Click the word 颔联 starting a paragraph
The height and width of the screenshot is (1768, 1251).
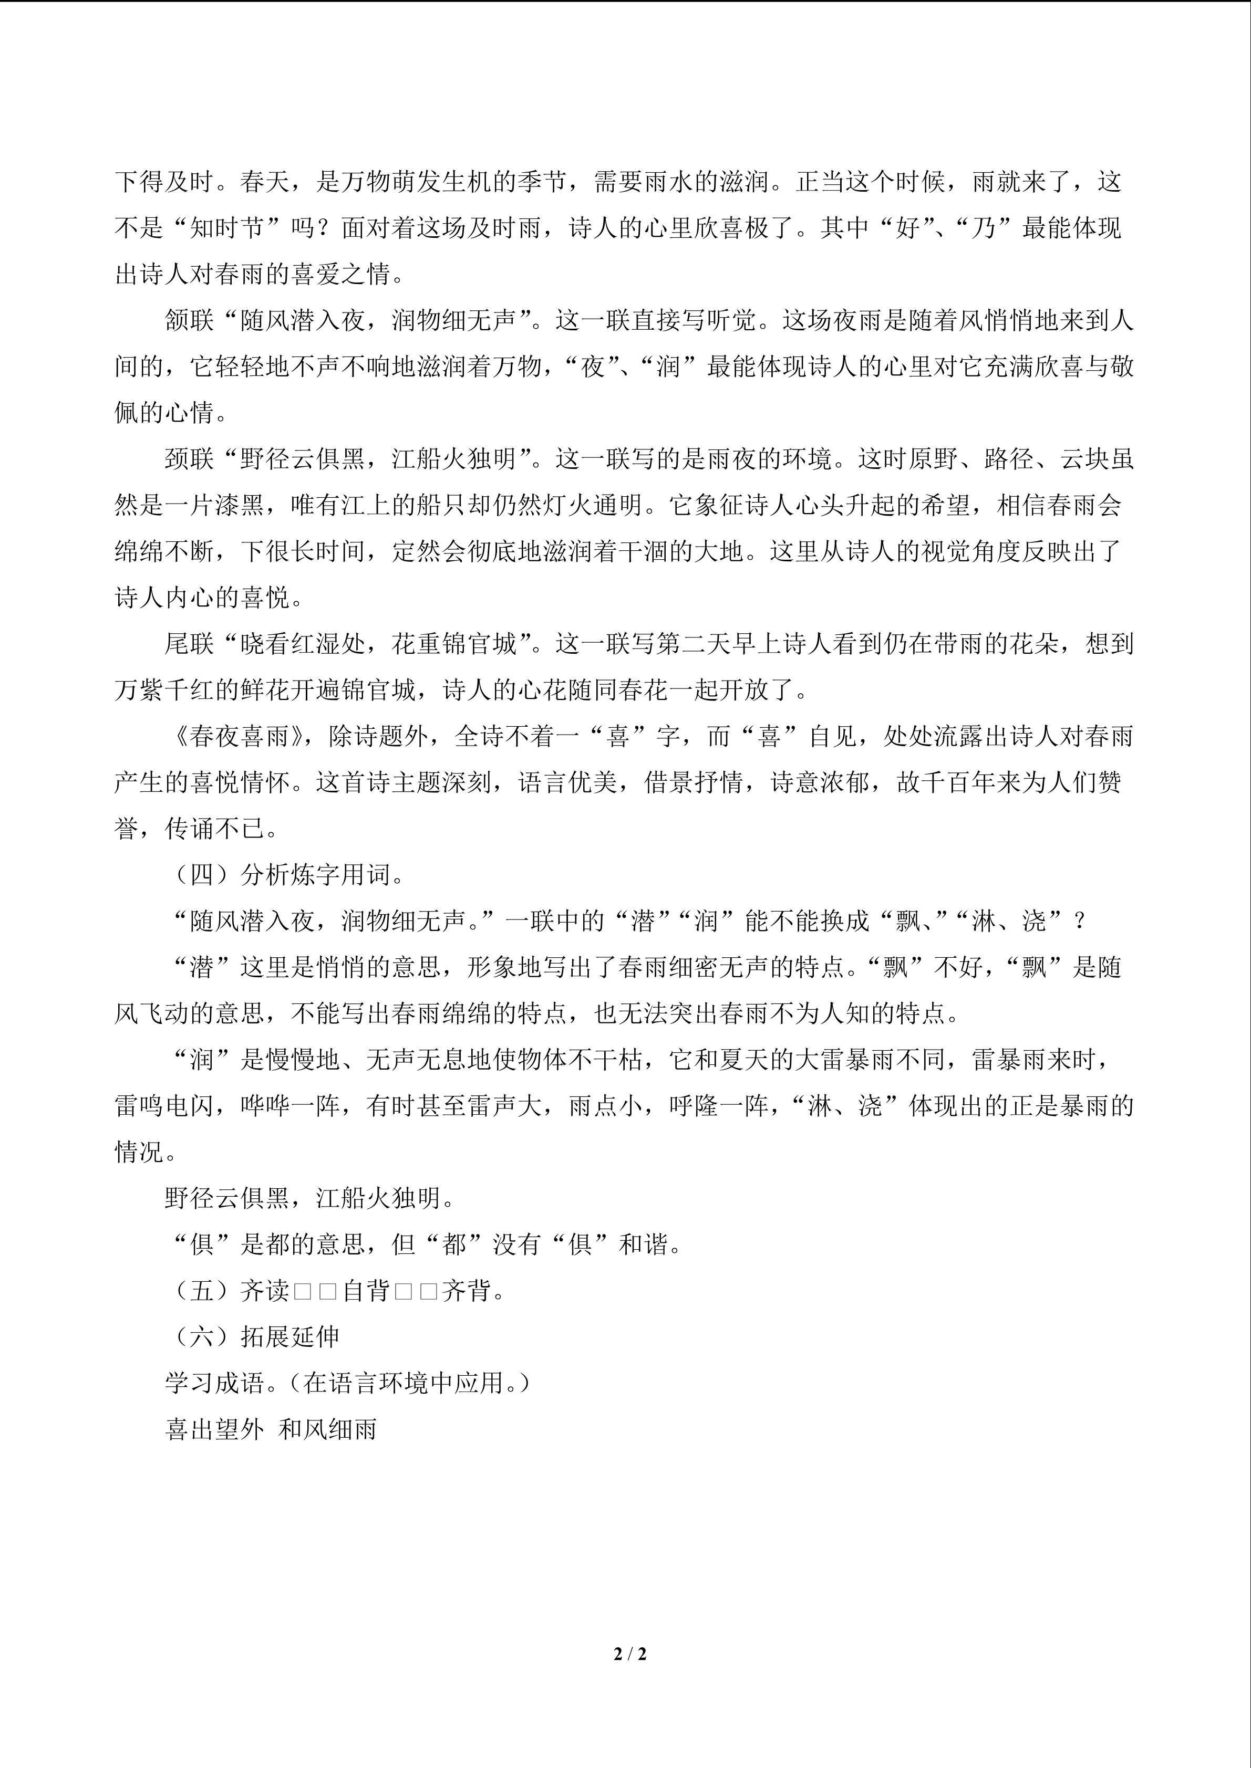190,320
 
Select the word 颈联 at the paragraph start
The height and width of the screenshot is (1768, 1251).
190,459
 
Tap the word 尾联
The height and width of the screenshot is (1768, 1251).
190,644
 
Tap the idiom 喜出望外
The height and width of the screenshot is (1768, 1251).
214,1429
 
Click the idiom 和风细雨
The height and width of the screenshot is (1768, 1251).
327,1429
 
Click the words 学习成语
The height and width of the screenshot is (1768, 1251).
214,1383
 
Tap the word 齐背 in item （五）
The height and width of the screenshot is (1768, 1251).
466,1291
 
